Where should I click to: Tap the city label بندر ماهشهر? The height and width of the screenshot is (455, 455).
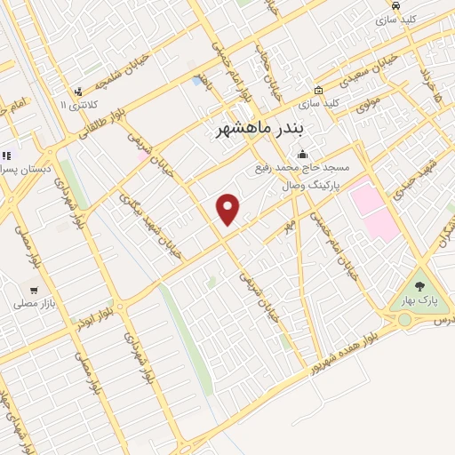click(260, 130)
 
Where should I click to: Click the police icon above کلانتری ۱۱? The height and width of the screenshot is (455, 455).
click(78, 91)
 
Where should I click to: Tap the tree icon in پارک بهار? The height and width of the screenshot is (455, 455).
click(419, 287)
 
